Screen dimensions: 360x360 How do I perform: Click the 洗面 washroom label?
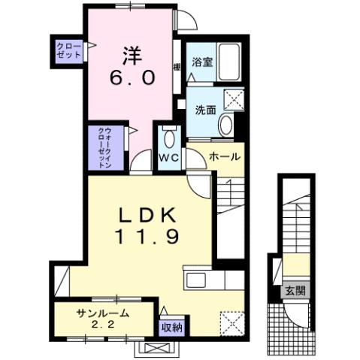tap(206, 110)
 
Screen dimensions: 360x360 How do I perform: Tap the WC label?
tap(168, 159)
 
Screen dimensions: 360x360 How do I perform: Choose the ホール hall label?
tap(225, 157)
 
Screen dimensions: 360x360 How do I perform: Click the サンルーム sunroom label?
tap(101, 314)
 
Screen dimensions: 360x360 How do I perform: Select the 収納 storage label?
tap(171, 328)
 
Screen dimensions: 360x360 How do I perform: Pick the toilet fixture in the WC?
tap(168, 140)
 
